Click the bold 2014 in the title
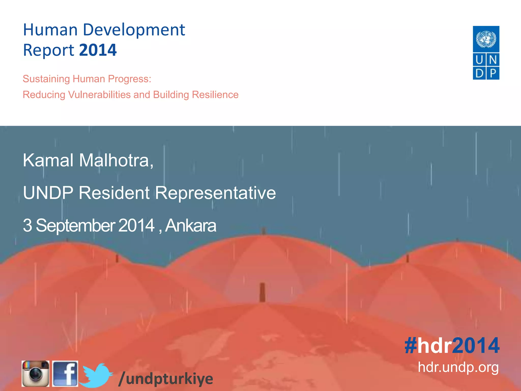coord(98,50)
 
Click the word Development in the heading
coord(134,30)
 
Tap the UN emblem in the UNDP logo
coord(486,39)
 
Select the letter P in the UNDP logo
coord(493,73)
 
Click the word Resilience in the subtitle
coord(215,95)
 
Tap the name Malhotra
coord(116,160)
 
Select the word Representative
coord(215,193)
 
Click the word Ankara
coord(191,226)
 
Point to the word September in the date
coord(75,226)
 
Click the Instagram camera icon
coord(35,373)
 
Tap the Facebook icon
coord(65,373)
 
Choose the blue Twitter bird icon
coord(96,375)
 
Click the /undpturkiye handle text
coord(166,379)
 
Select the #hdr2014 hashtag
coord(452,345)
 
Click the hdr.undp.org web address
coord(458,367)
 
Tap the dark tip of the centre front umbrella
coord(262,292)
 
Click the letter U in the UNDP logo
coord(479,60)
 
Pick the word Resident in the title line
coord(114,193)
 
